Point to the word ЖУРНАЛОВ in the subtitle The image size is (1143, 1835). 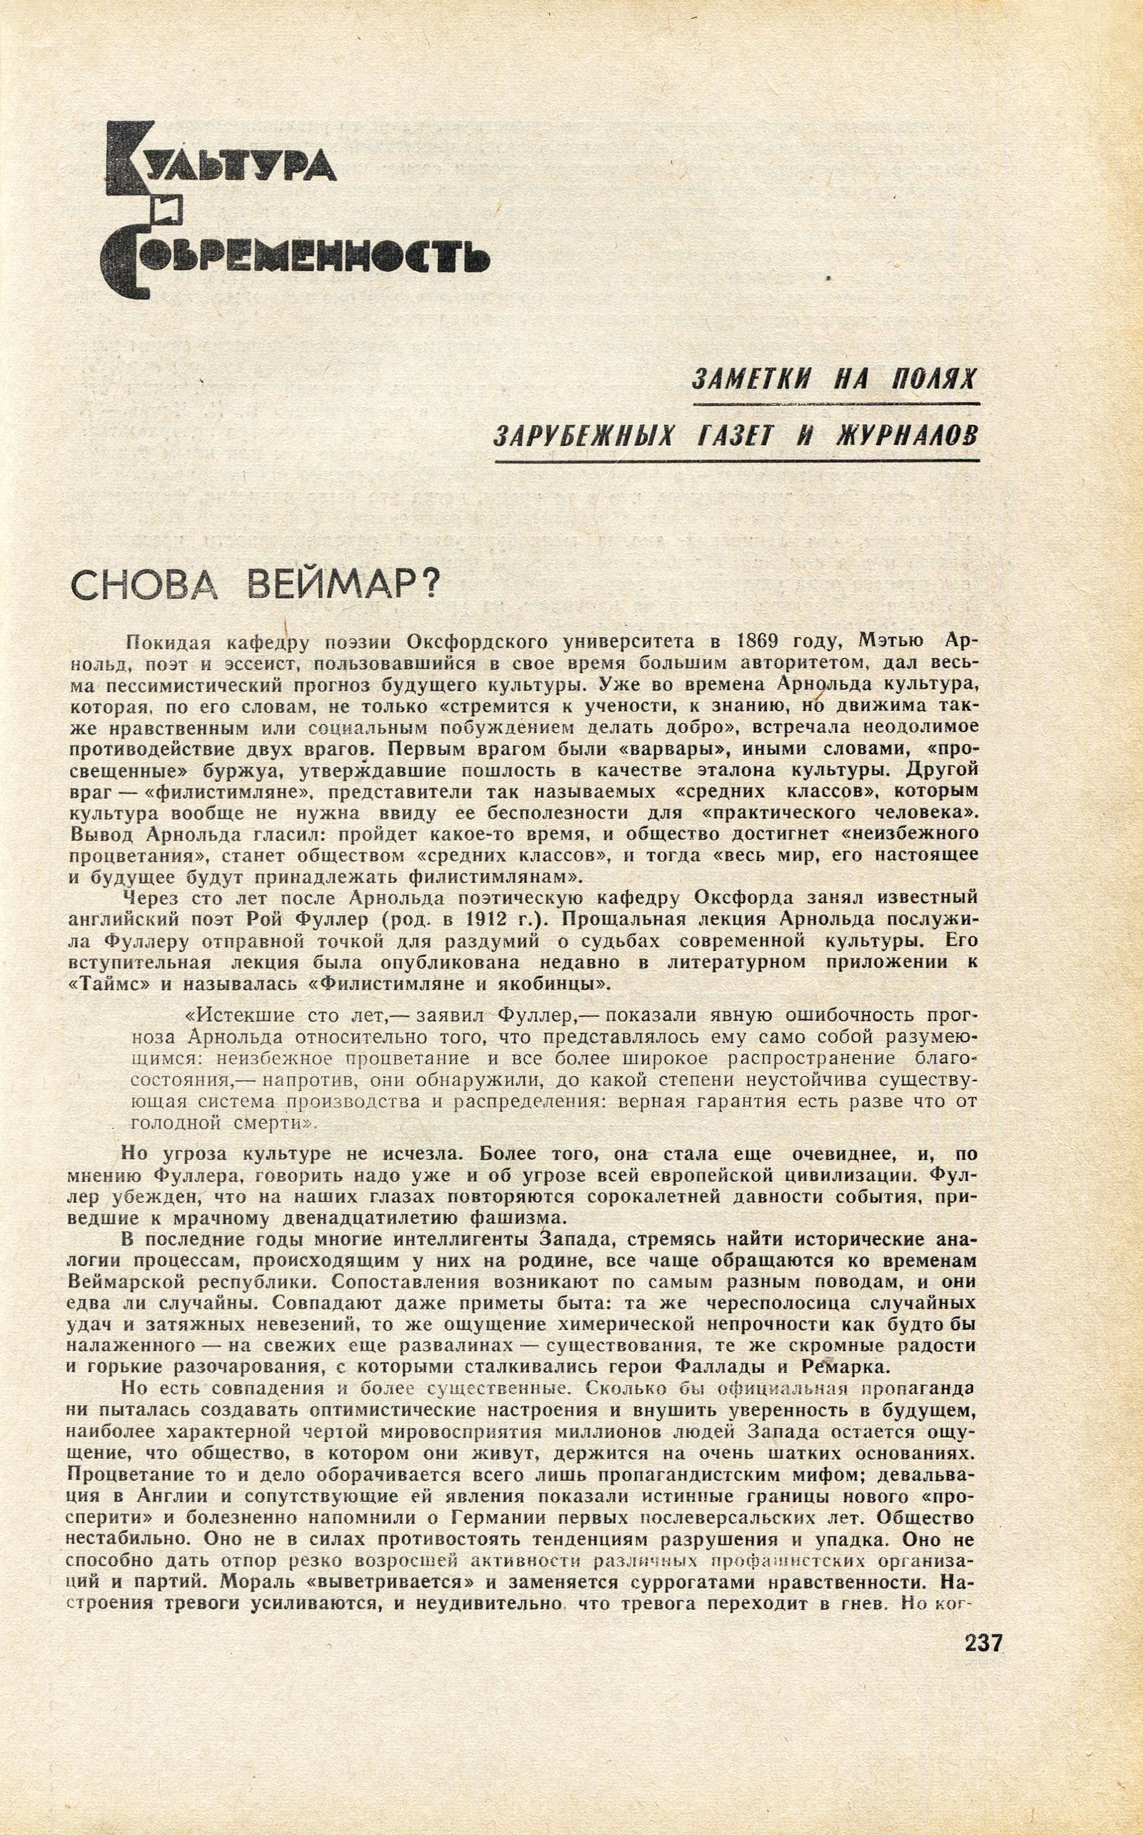(x=906, y=437)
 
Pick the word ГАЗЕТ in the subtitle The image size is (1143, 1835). (x=737, y=437)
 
